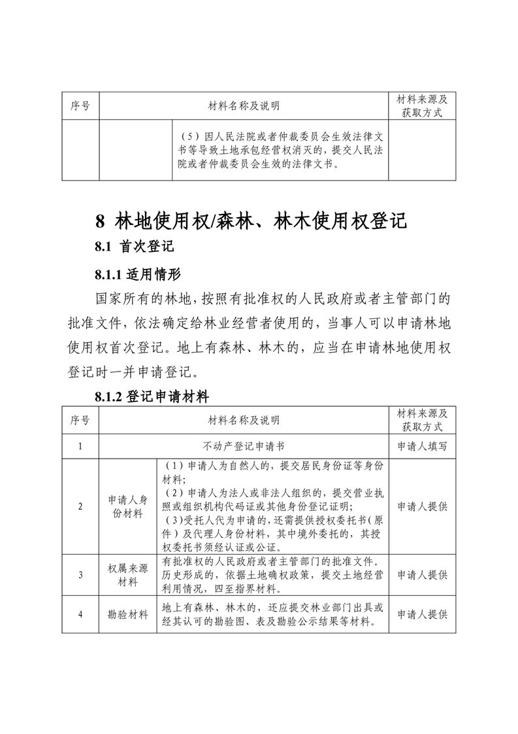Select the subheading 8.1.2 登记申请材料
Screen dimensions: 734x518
tap(151, 396)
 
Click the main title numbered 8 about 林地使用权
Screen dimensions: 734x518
tap(251, 220)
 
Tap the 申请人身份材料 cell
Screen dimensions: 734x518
tap(127, 506)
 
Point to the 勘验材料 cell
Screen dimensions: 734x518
tap(127, 615)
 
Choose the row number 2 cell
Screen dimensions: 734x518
tap(80, 506)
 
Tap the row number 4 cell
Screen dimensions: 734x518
tap(80, 615)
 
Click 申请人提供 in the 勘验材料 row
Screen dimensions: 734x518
tap(422, 615)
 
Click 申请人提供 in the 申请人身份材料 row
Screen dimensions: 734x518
tap(422, 506)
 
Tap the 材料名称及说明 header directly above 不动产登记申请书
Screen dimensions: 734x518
tap(243, 419)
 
